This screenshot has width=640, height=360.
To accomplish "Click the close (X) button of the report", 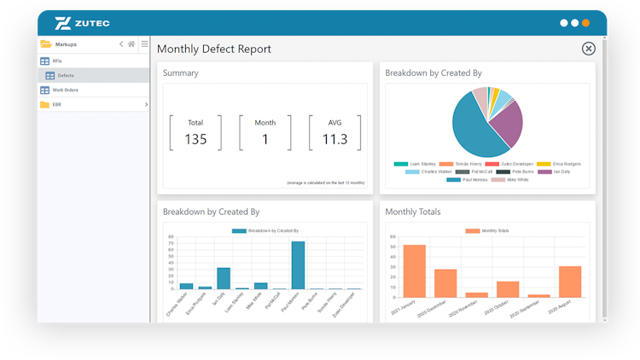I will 588,49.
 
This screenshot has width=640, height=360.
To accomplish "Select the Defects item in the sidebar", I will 66,76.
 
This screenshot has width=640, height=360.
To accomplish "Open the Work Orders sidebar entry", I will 66,90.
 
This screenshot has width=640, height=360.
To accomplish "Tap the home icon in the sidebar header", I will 131,44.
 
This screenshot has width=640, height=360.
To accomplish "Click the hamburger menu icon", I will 144,44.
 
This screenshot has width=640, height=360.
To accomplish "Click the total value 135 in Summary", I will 195,139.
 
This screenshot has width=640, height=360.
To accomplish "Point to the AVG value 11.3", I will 335,139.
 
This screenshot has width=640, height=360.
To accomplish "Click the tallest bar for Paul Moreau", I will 298,265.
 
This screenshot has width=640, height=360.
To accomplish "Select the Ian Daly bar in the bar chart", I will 224,279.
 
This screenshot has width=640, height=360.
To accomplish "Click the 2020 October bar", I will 508,289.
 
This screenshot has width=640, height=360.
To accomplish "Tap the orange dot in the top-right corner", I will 585,23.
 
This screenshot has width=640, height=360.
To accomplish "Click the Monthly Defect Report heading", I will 214,49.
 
